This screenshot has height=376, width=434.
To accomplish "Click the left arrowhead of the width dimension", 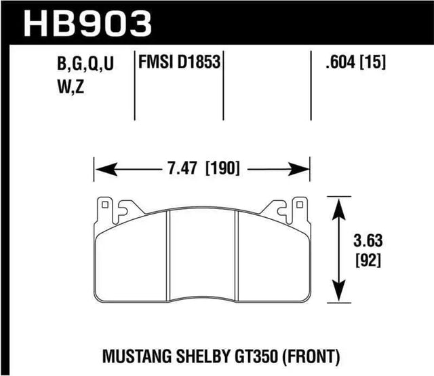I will coord(99,168).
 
